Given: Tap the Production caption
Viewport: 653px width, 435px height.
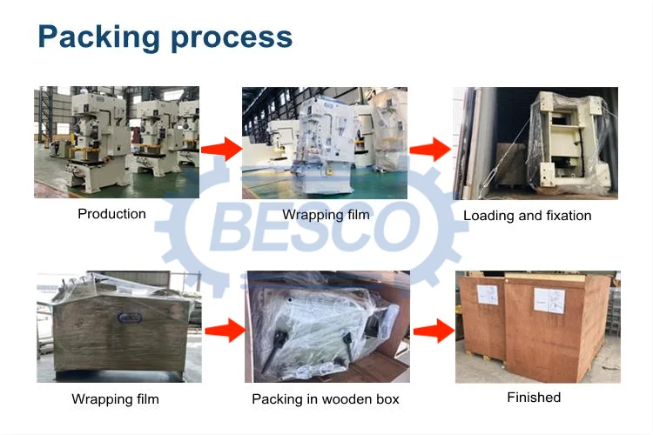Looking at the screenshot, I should coord(111,214).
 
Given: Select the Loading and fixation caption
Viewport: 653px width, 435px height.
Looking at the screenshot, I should coord(527,216).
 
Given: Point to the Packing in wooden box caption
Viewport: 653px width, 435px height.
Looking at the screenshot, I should coord(325,399).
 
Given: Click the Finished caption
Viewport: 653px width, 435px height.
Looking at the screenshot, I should coord(534,398).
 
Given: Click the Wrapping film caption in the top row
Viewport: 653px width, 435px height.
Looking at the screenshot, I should coord(326,215).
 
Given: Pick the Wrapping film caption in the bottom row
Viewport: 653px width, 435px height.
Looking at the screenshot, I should coord(115,399).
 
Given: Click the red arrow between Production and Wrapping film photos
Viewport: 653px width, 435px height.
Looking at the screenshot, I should coord(219,149).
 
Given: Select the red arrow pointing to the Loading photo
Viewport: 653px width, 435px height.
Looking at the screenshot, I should coord(428,149).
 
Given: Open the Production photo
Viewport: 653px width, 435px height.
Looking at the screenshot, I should coord(117,142).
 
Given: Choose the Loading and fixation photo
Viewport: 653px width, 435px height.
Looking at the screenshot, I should coord(535,143).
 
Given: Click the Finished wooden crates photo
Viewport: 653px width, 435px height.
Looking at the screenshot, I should coord(537,326).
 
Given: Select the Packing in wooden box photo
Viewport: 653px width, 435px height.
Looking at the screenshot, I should coord(327,327).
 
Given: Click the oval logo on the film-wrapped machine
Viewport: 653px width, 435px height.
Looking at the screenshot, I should coord(130,319).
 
